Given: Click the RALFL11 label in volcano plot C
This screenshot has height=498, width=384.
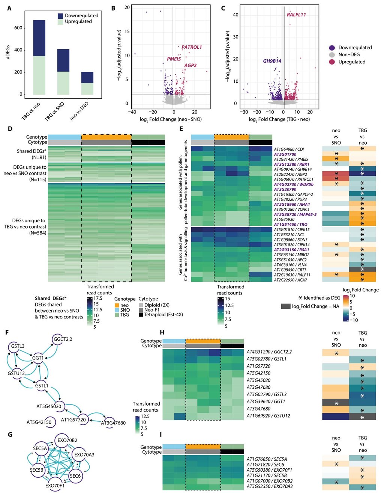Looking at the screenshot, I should click(x=296, y=15).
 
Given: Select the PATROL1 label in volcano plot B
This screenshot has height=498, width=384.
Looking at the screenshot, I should click(x=191, y=47).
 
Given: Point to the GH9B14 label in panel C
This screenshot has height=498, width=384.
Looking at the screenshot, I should click(x=272, y=61).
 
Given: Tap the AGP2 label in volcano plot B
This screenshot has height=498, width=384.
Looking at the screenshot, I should click(x=190, y=65).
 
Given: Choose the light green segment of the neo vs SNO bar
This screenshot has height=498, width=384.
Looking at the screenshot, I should click(x=87, y=89).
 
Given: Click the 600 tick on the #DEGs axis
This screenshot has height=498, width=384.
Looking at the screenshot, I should click(x=18, y=28).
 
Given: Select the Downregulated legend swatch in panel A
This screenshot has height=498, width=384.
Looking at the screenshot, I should click(x=60, y=16).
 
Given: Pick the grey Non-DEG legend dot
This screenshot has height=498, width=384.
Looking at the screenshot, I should click(x=332, y=55).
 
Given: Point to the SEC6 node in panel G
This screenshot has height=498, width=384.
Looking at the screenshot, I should click(x=75, y=476).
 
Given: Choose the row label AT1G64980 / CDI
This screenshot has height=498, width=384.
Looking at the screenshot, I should click(x=289, y=149).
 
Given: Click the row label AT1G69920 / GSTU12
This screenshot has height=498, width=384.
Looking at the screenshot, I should click(x=269, y=416).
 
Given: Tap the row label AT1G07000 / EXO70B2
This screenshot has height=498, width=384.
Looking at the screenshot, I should click(x=270, y=481).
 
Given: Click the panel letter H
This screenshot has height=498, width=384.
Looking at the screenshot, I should click(x=162, y=332).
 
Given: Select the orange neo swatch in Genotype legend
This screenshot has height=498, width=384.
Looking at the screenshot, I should click(x=117, y=305).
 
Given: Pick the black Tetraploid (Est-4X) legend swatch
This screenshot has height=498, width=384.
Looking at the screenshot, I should click(x=141, y=314).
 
